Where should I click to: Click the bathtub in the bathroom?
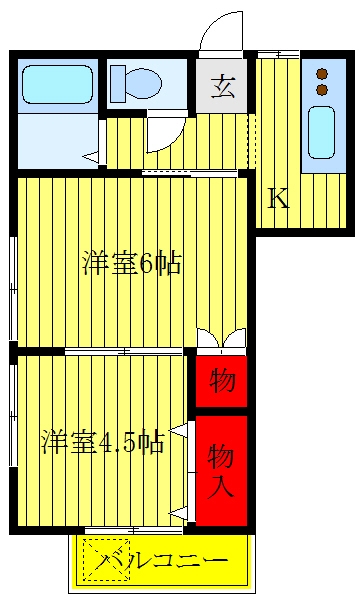(57, 84)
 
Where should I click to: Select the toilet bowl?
(143, 83)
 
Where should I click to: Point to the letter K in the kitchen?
(279, 198)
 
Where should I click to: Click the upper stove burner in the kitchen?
(322, 73)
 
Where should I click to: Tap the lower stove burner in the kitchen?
(322, 90)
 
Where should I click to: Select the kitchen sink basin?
(321, 132)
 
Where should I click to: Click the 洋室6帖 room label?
(132, 263)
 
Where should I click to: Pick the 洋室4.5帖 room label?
(103, 442)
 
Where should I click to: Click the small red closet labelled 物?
(222, 381)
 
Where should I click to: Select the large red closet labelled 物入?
(222, 471)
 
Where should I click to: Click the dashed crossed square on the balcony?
(106, 559)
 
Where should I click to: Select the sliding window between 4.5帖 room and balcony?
(133, 530)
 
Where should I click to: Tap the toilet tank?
(118, 84)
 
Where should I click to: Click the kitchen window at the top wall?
(278, 54)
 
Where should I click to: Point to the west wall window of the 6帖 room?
(13, 289)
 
